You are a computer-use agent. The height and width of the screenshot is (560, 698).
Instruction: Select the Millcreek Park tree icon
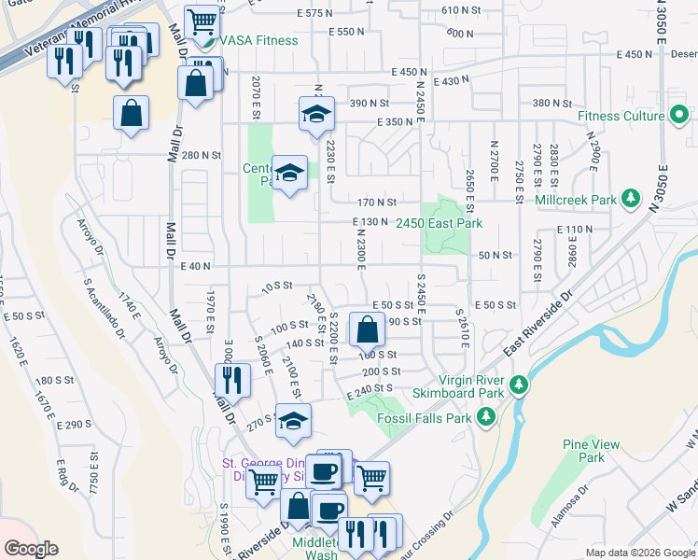click(x=632, y=199)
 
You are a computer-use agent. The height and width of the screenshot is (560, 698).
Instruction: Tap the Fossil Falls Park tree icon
click(x=485, y=418)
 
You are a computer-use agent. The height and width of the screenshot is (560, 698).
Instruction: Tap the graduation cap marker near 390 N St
click(x=316, y=114)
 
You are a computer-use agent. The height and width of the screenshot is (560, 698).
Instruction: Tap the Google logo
click(x=31, y=549)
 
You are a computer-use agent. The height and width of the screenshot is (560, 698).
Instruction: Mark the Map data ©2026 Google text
click(x=640, y=553)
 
